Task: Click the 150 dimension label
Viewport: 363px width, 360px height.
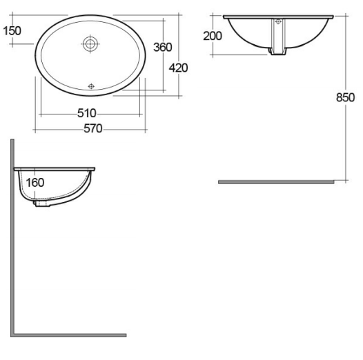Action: pyautogui.click(x=12, y=31)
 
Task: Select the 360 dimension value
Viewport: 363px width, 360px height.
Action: pyautogui.click(x=163, y=47)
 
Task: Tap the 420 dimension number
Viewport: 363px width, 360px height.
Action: pyautogui.click(x=178, y=68)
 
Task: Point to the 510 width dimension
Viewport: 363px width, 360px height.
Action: pyautogui.click(x=86, y=113)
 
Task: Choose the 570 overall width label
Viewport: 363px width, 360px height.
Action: pyautogui.click(x=93, y=128)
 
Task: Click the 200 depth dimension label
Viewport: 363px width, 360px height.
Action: pyautogui.click(x=213, y=36)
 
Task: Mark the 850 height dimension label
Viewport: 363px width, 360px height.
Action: pyautogui.click(x=346, y=97)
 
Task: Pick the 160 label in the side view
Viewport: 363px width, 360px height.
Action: pyautogui.click(x=35, y=183)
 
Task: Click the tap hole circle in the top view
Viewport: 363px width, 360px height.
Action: pyautogui.click(x=90, y=43)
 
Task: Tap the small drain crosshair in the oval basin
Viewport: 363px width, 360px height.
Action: pyautogui.click(x=91, y=86)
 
